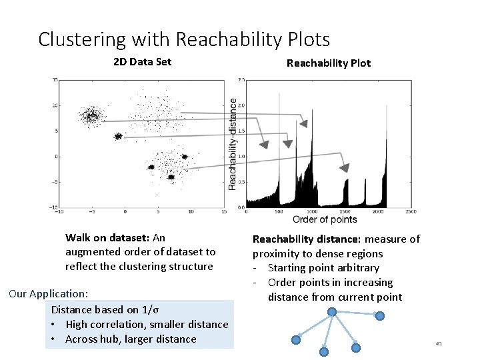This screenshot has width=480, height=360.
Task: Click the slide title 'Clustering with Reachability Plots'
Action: (x=184, y=40)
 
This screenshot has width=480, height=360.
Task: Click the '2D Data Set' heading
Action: (x=142, y=62)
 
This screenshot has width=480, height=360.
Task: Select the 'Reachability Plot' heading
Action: (x=328, y=63)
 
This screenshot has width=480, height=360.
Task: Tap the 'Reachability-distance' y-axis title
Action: (x=233, y=143)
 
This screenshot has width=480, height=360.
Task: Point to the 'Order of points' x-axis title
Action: (x=325, y=219)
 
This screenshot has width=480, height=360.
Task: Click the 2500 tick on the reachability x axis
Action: (x=411, y=211)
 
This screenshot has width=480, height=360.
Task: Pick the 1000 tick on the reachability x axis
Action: (x=312, y=211)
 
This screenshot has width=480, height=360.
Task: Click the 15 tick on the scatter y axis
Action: (x=55, y=80)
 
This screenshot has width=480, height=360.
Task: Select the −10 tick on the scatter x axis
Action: (x=59, y=211)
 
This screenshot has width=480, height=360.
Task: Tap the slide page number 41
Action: (x=439, y=343)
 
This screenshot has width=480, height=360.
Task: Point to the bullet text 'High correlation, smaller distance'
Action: (x=147, y=325)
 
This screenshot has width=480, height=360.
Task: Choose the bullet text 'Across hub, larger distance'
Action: (x=131, y=339)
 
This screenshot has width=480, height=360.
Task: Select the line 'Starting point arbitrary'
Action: (x=323, y=268)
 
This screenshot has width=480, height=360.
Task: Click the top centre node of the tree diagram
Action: (x=331, y=311)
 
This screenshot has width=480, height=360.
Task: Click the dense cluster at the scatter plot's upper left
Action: (x=91, y=117)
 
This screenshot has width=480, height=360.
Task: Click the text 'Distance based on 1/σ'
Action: (x=105, y=309)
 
